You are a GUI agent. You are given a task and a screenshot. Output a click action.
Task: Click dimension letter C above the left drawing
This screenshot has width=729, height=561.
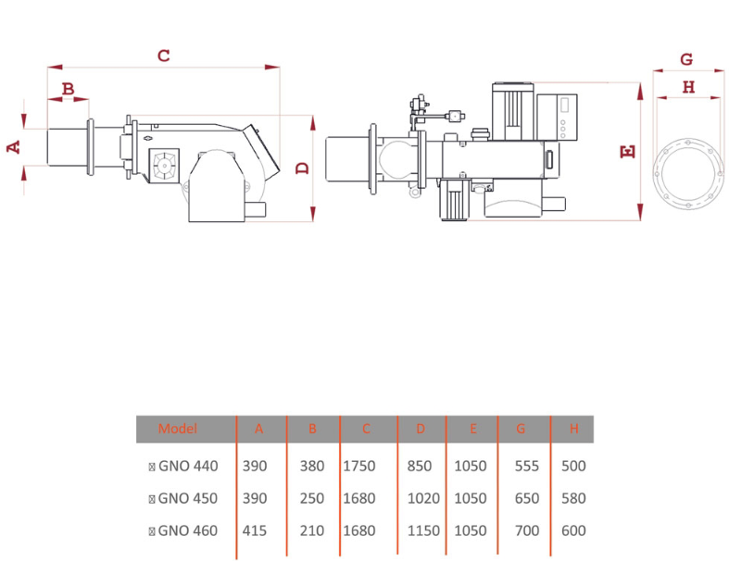click(x=164, y=56)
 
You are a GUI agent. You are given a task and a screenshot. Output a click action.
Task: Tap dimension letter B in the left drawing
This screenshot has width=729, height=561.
click(x=69, y=88)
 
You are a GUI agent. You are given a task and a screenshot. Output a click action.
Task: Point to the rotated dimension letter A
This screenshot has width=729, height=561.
click(x=14, y=147)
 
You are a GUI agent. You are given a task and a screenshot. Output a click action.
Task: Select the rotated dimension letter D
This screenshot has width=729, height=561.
click(x=303, y=168)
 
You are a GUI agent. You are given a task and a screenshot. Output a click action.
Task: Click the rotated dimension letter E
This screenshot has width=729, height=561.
click(x=628, y=152)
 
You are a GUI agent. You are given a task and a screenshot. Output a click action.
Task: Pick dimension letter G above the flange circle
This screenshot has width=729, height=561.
click(x=686, y=59)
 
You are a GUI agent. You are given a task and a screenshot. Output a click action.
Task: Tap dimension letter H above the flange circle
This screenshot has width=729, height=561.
click(x=688, y=87)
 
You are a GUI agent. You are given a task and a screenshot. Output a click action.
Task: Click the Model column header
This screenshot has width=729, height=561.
click(x=178, y=429)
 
